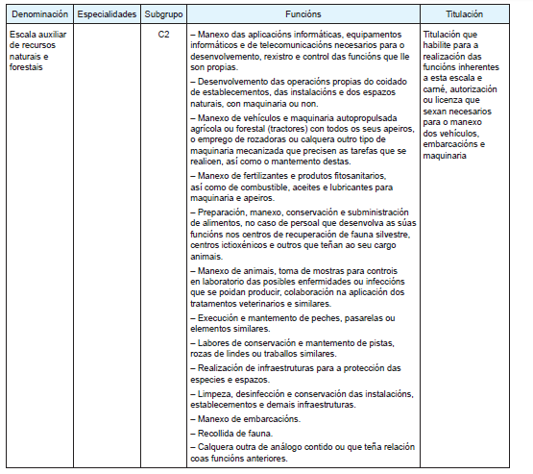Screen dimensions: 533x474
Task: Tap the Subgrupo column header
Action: pyautogui.click(x=163, y=16)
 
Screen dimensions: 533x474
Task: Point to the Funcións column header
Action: pyautogui.click(x=303, y=16)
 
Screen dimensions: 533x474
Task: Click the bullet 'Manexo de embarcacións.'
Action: pyautogui.click(x=247, y=420)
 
